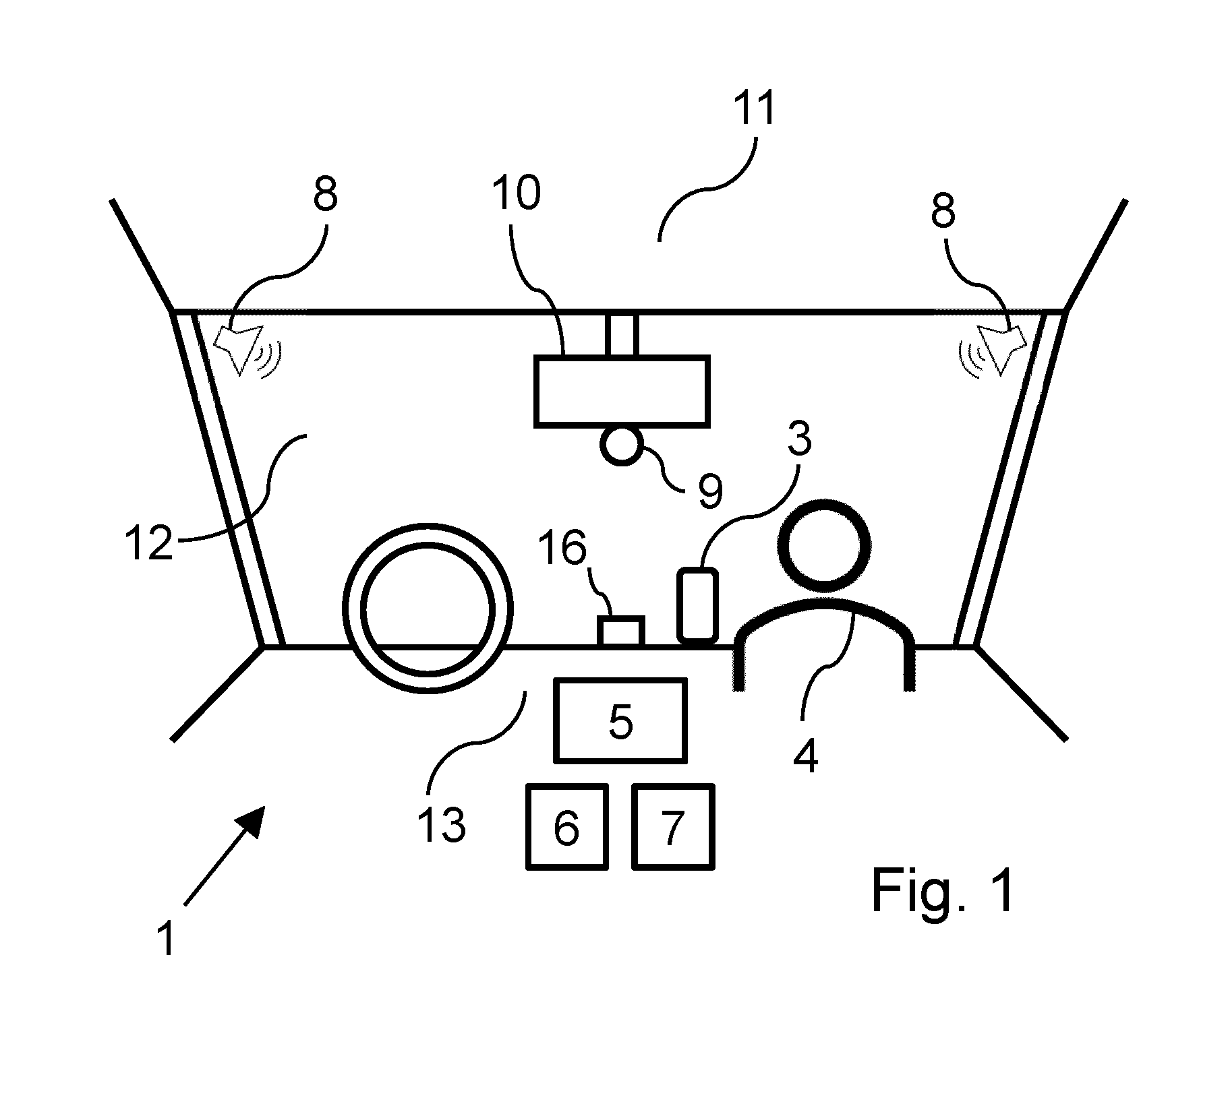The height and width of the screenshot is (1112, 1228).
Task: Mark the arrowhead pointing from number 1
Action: pyautogui.click(x=252, y=820)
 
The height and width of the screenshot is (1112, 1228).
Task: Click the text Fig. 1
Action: pyautogui.click(x=942, y=890)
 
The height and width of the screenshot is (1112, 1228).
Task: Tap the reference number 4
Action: pyautogui.click(x=805, y=757)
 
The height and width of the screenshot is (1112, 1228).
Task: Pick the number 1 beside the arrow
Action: pyautogui.click(x=166, y=939)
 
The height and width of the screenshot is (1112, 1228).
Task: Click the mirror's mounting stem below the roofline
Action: pyautogui.click(x=621, y=334)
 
